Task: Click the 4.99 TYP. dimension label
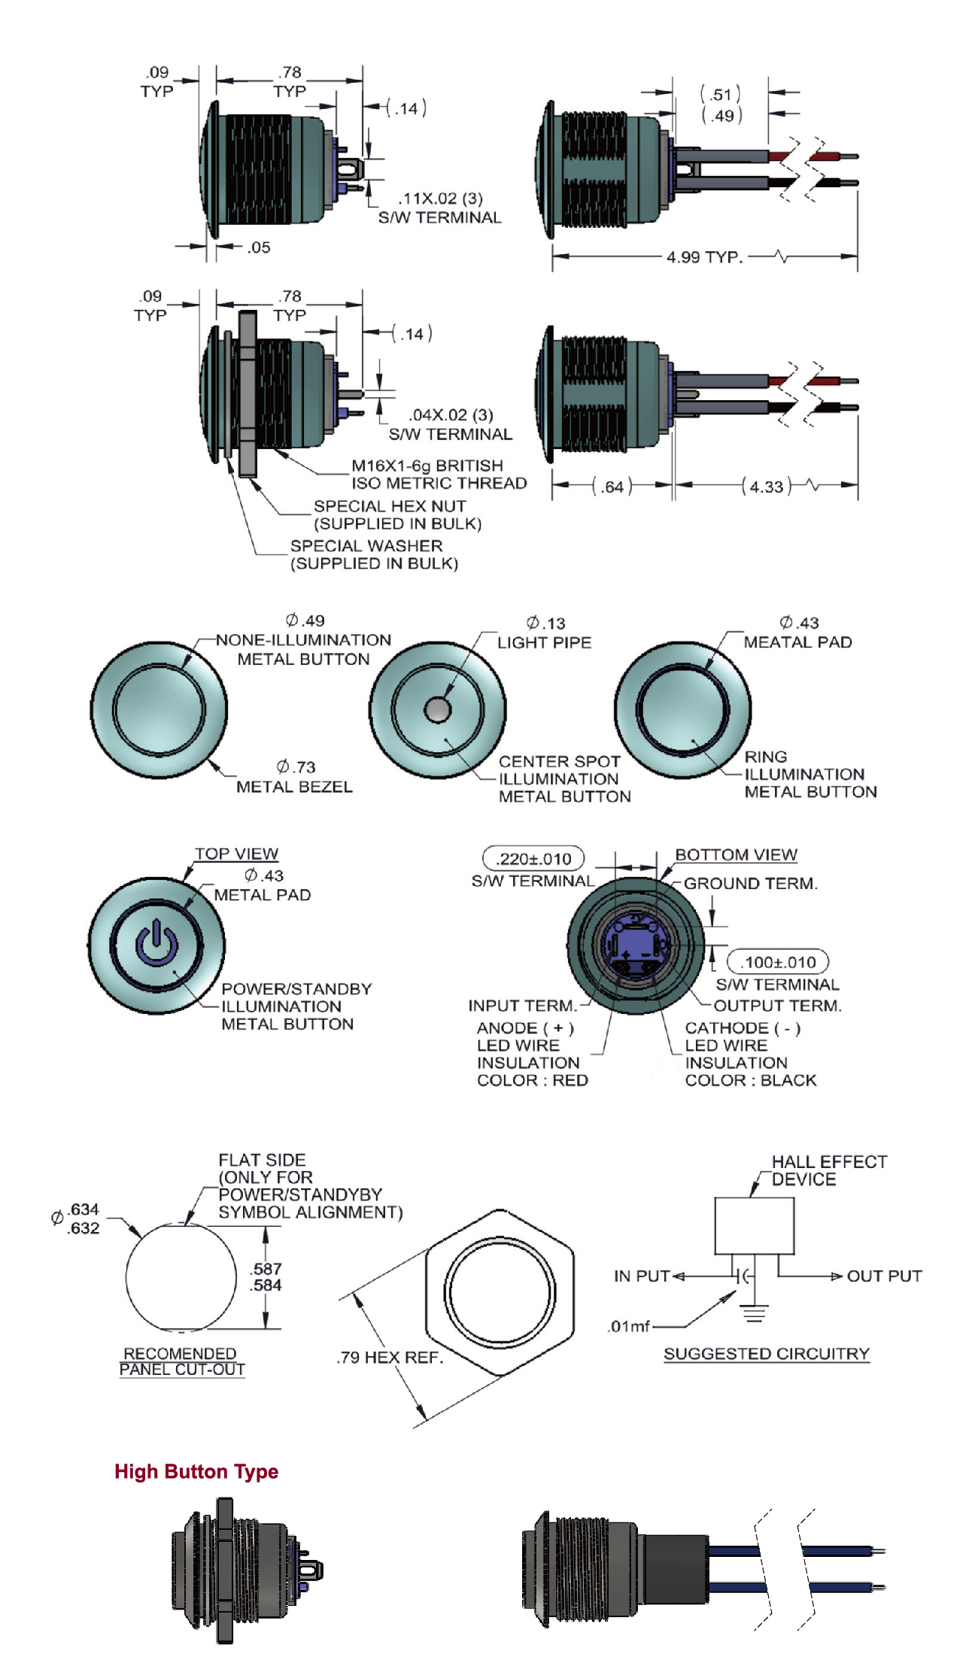click(x=703, y=257)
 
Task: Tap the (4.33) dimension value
click(x=767, y=487)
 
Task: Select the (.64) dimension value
click(x=612, y=487)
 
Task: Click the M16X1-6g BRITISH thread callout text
click(x=427, y=466)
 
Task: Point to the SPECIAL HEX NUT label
click(x=390, y=506)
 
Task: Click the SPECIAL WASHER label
click(x=366, y=546)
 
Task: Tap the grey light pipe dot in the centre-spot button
click(x=437, y=709)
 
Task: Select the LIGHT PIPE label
click(x=544, y=642)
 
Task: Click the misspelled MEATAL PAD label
click(x=797, y=642)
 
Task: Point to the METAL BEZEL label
click(x=294, y=787)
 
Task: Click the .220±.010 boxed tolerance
click(x=533, y=859)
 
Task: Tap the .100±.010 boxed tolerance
click(x=778, y=962)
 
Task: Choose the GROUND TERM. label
click(x=750, y=884)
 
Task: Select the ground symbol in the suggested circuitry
click(x=754, y=1313)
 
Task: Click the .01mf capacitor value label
click(x=629, y=1326)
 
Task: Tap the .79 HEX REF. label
click(x=390, y=1358)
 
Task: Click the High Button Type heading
click(x=196, y=1472)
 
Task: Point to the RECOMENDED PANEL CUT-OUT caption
click(x=181, y=1361)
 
